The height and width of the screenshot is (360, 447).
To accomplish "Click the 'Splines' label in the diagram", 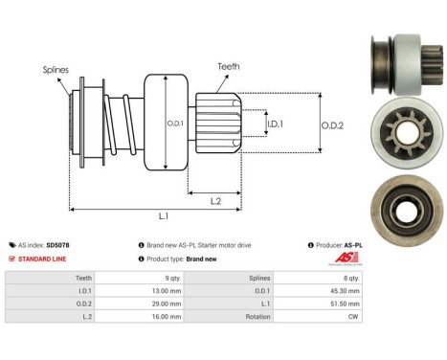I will (55, 69).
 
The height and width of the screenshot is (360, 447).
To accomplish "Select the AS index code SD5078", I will (57, 245).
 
